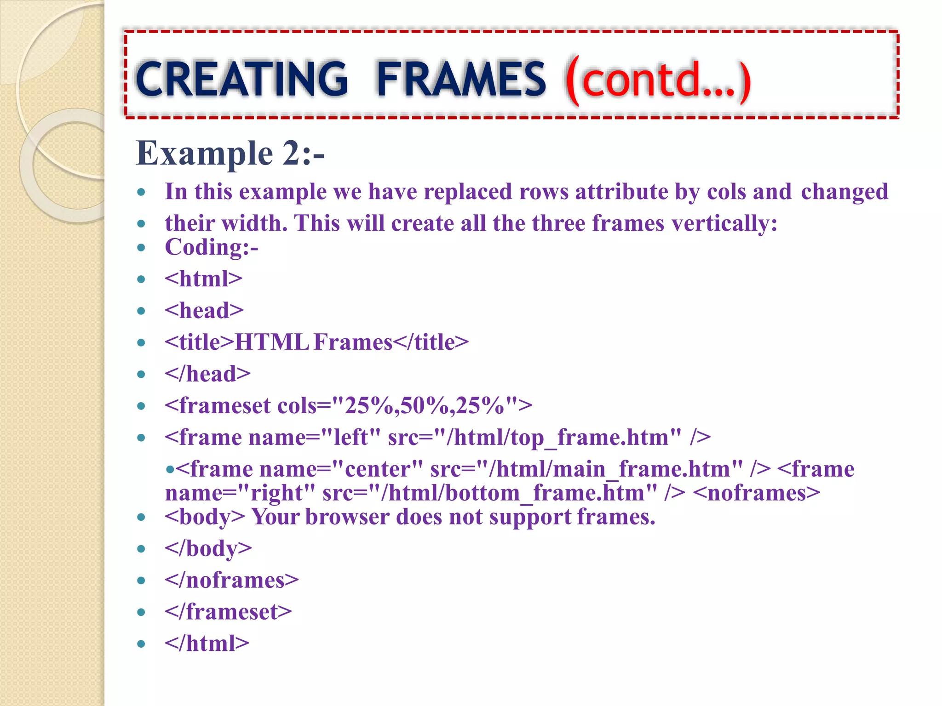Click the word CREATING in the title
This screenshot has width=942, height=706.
point(241,79)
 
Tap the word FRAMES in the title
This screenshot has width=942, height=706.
point(461,79)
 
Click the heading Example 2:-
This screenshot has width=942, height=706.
point(230,153)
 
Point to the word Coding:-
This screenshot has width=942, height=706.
point(212,247)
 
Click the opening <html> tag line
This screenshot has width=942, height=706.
point(203,279)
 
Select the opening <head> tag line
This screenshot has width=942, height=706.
point(204,311)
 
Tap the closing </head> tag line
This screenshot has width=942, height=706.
point(208,374)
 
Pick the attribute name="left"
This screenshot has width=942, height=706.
point(315,438)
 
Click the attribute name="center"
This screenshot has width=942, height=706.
point(341,469)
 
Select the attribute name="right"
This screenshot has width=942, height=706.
point(240,493)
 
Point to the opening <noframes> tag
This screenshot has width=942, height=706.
point(756,493)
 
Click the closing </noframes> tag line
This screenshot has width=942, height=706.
point(232,580)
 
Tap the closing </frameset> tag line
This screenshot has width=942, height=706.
point(229,612)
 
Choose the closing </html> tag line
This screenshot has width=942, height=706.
point(207,643)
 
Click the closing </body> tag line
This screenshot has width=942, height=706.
point(208,548)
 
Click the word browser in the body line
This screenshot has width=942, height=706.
point(347,517)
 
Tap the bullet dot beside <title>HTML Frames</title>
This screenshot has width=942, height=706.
point(141,342)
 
